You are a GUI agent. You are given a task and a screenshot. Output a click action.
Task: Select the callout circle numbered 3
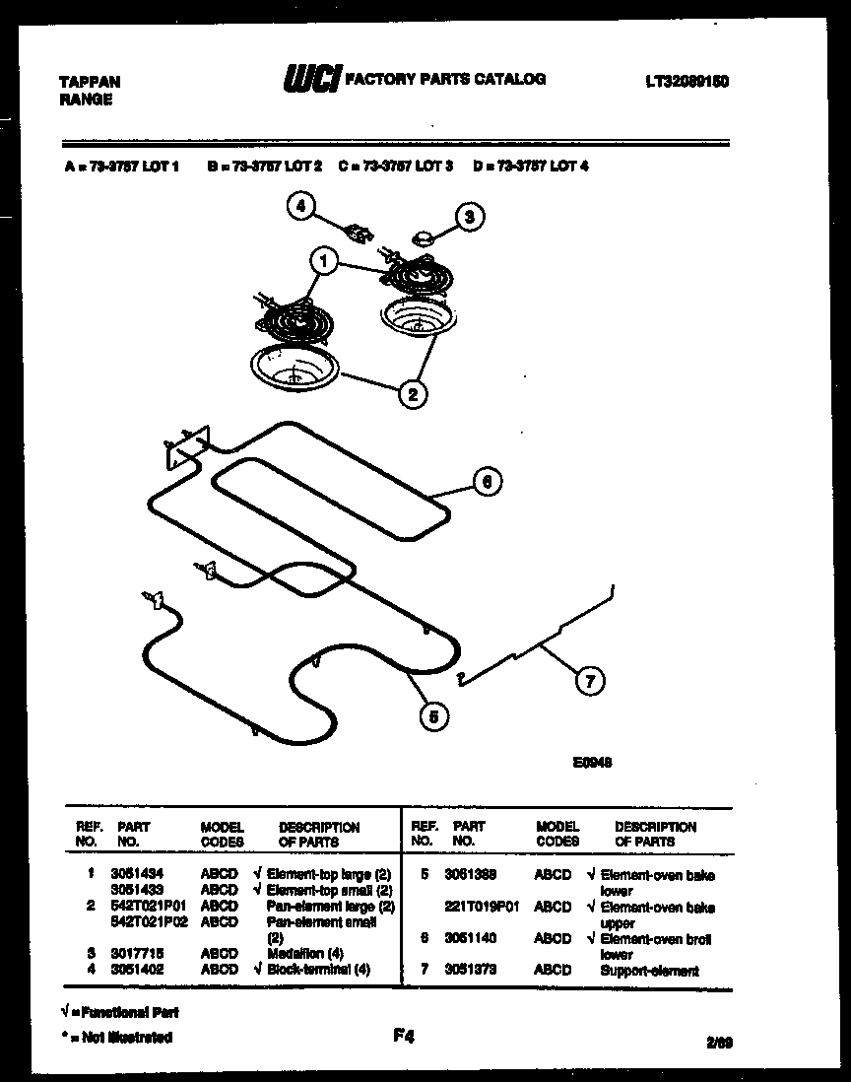click(470, 217)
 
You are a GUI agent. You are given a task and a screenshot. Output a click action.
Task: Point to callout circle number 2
click(412, 394)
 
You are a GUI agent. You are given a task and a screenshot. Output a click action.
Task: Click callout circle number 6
click(487, 481)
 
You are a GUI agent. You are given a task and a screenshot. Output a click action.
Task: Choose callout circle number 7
click(589, 680)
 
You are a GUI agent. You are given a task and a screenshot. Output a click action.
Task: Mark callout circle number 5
click(430, 716)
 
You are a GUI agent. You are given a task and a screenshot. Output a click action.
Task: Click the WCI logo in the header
click(311, 79)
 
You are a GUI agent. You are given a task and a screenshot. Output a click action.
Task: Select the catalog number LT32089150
click(687, 82)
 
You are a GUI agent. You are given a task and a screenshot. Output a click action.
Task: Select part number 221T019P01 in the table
click(481, 907)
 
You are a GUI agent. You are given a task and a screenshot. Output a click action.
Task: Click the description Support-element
click(649, 971)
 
